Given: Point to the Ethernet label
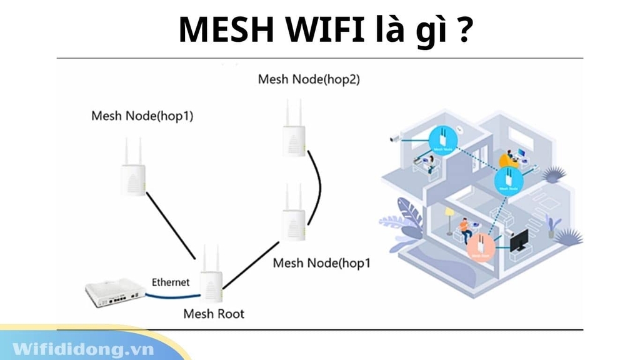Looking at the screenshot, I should (171, 282).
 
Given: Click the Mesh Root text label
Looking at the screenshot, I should (214, 314).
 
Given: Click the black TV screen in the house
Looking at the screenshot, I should (518, 240).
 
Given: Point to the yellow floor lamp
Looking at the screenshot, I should (449, 219).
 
